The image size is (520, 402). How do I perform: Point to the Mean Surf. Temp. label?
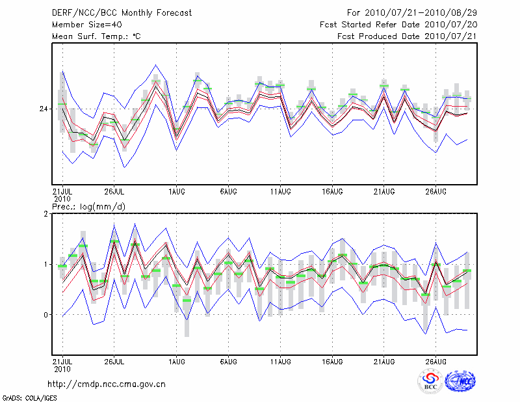[96, 36]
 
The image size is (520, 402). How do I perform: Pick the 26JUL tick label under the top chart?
[114, 191]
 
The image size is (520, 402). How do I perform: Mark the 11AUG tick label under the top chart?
[280, 191]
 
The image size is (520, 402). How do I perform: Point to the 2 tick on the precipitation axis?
[45, 214]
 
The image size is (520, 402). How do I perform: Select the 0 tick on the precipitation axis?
[45, 315]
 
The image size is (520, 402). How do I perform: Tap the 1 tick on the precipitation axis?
[45, 264]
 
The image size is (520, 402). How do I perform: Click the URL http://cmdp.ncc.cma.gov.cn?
[107, 384]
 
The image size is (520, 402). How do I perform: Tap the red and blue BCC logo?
[430, 382]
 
